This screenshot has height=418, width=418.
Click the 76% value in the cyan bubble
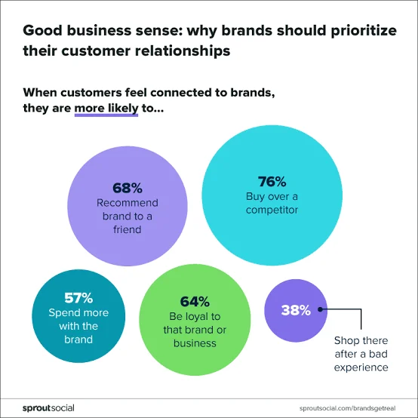pyautogui.click(x=272, y=182)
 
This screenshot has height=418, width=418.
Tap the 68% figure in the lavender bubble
pyautogui.click(x=128, y=188)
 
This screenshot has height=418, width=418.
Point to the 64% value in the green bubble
pyautogui.click(x=194, y=301)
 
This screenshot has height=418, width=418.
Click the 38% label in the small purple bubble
pyautogui.click(x=296, y=309)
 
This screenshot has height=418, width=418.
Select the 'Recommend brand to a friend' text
pyautogui.click(x=128, y=216)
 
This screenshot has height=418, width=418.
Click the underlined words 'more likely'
pyautogui.click(x=105, y=109)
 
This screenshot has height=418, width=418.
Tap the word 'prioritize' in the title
pyautogui.click(x=361, y=32)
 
